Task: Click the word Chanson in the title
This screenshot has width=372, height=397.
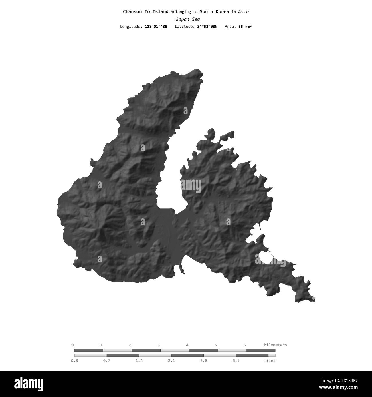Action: point(131,12)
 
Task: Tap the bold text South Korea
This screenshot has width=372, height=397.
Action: point(214,12)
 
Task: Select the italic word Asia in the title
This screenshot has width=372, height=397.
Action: point(243,12)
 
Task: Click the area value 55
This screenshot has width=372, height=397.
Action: point(240,27)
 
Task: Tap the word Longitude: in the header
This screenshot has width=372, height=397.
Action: point(131,27)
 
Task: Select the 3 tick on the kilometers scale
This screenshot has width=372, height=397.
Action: point(159,345)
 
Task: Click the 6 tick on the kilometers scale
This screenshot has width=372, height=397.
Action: point(245,345)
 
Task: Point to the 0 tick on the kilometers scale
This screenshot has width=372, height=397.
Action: point(72,345)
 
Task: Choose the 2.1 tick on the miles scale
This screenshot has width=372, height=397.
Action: point(171,360)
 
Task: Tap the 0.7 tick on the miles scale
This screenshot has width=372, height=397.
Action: point(107,360)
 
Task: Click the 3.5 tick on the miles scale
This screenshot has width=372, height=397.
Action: point(236,360)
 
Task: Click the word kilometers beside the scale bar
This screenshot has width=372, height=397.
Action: point(275,345)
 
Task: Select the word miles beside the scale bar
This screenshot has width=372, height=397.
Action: point(270,360)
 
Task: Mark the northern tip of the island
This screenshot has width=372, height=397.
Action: point(197,70)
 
